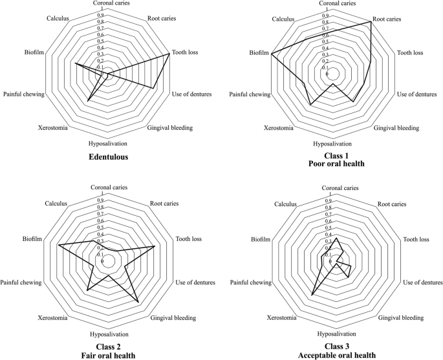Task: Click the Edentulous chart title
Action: tap(108, 156)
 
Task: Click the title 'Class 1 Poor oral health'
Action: tap(332, 160)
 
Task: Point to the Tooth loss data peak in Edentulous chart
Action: tap(169, 54)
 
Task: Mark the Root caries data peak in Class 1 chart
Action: tap(371, 23)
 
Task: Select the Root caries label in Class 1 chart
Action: tap(387, 19)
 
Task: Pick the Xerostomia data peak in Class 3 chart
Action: tap(312, 295)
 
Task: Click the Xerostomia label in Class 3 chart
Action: tap(282, 318)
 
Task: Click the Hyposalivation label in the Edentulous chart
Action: tap(108, 143)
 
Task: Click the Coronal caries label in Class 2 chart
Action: tap(108, 188)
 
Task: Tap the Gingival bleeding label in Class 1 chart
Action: tap(396, 128)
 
